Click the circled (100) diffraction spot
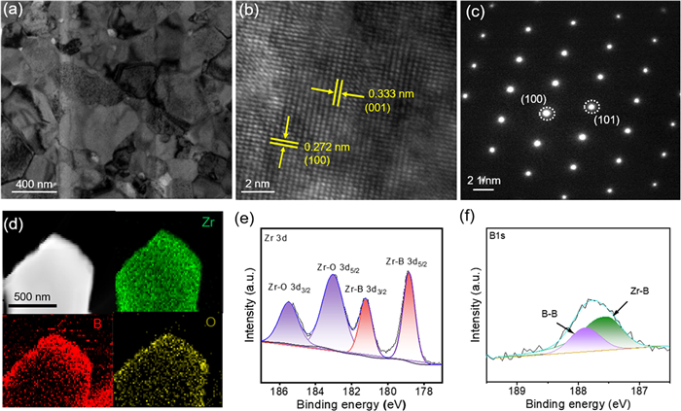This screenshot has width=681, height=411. coord(547,114)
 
